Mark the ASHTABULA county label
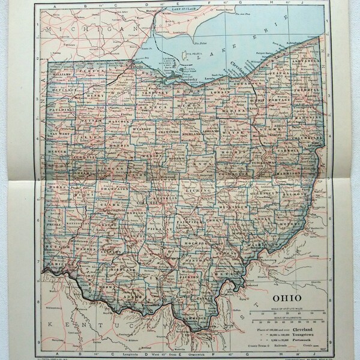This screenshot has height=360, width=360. coord(298,62)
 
